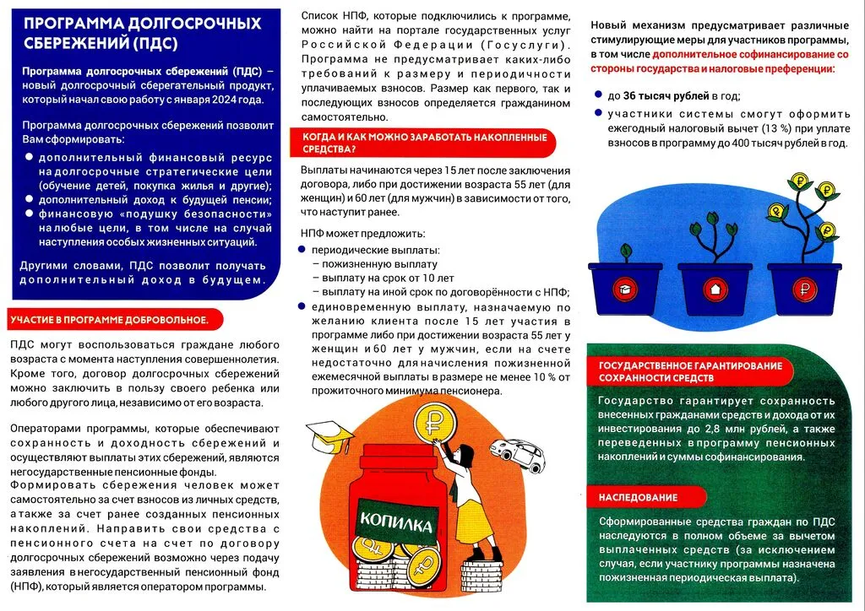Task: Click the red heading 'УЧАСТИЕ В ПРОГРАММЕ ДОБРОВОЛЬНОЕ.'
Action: (109, 321)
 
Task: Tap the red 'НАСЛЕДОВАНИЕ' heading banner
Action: (639, 497)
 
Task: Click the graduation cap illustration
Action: (329, 435)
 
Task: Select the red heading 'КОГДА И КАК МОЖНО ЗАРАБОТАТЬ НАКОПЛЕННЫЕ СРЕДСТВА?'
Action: (419, 143)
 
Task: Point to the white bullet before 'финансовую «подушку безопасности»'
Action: (30, 214)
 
